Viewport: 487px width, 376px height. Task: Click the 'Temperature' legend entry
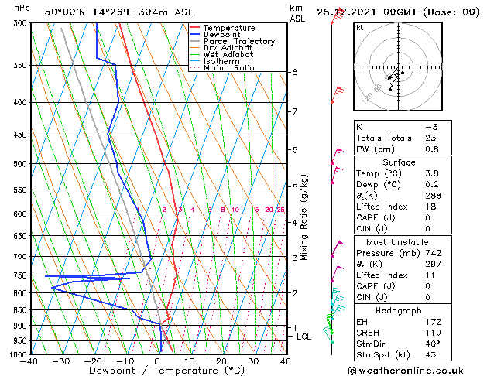pyautogui.click(x=230, y=28)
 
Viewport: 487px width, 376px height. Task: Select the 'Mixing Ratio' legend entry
pyautogui.click(x=228, y=68)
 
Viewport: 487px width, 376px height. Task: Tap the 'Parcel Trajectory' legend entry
pyautogui.click(x=238, y=41)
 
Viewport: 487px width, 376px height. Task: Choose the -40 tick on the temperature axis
pyautogui.click(x=30, y=361)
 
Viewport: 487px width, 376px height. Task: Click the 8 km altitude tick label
pyautogui.click(x=295, y=72)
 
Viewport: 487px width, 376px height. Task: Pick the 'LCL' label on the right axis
pyautogui.click(x=304, y=337)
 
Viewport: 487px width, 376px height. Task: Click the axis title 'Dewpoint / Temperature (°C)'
pyautogui.click(x=157, y=371)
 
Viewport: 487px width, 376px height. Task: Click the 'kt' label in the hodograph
pyautogui.click(x=359, y=28)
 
